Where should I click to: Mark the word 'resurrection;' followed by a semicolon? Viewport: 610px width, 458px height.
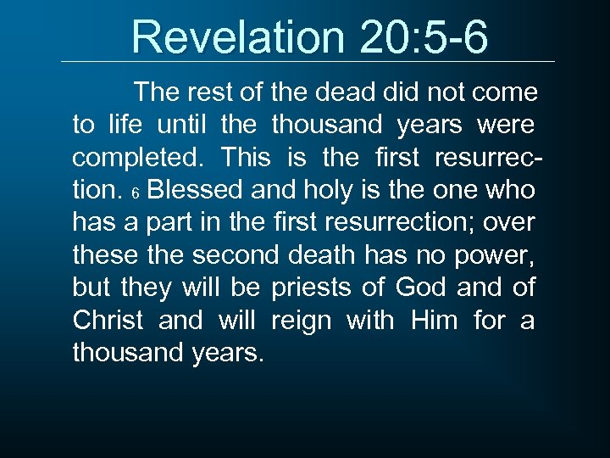click(x=396, y=223)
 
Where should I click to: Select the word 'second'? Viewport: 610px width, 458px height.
click(x=233, y=254)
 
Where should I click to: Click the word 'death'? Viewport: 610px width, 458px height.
click(x=328, y=254)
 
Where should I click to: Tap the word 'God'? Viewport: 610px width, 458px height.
click(x=421, y=288)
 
